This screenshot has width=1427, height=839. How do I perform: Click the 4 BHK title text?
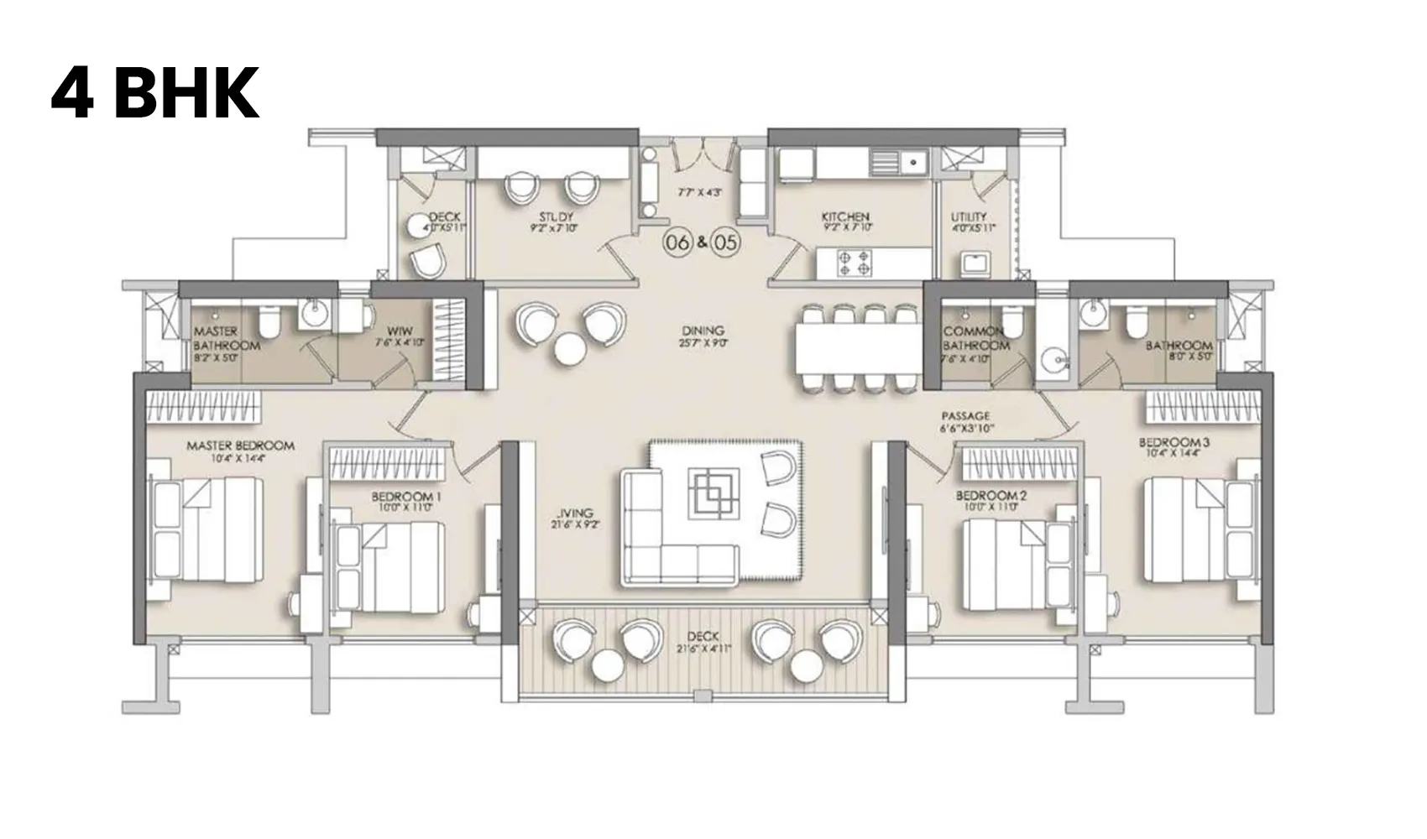[155, 94]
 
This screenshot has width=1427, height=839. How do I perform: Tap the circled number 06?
[677, 242]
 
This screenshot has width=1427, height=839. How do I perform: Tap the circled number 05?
[727, 242]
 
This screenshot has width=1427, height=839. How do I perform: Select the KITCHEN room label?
[845, 217]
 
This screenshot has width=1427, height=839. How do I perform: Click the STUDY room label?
[556, 217]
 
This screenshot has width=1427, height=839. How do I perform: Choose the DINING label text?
[703, 331]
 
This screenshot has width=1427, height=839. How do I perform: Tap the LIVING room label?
[575, 513]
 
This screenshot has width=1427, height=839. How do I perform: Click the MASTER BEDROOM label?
[240, 446]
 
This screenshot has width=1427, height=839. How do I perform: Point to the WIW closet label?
[400, 331]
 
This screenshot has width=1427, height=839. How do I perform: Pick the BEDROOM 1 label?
[406, 497]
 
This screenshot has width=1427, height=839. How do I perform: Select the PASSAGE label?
[965, 416]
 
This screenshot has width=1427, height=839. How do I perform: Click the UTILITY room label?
[969, 217]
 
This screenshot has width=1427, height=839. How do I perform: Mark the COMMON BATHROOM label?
[975, 338]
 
